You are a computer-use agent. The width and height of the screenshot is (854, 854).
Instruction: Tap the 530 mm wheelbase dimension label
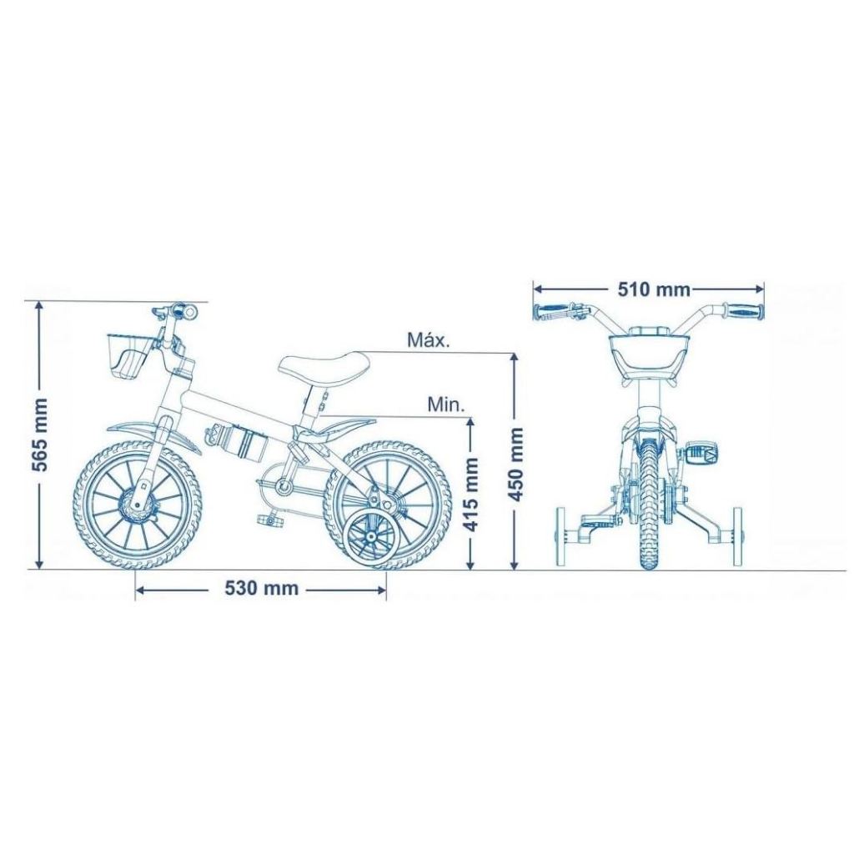click(261, 588)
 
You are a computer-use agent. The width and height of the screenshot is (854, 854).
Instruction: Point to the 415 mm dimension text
click(470, 494)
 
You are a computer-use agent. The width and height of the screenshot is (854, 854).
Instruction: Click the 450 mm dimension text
click(515, 465)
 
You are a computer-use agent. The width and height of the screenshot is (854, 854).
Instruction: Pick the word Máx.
click(430, 340)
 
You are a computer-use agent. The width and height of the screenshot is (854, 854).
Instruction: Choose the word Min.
click(446, 404)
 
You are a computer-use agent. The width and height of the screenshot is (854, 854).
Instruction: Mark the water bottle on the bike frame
click(236, 440)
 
